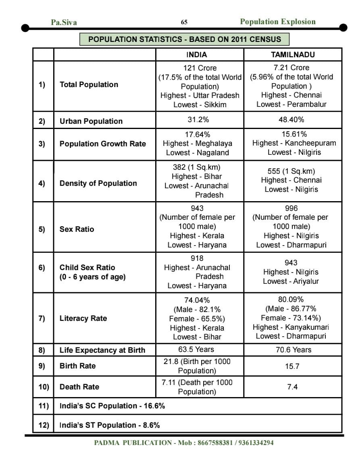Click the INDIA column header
(x=197, y=54)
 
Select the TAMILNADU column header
(x=293, y=54)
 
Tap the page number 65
(x=184, y=23)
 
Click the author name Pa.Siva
(x=64, y=23)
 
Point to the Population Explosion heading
(x=278, y=22)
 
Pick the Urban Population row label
(x=91, y=121)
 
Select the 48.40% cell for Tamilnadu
(x=293, y=120)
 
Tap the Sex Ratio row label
(x=77, y=229)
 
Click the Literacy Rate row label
(x=83, y=318)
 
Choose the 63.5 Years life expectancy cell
(x=196, y=349)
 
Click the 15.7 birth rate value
(x=292, y=366)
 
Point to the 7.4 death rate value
(x=292, y=387)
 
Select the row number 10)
(x=44, y=387)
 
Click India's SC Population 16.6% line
(x=112, y=406)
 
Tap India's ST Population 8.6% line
(x=110, y=425)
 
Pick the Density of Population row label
(x=98, y=183)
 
